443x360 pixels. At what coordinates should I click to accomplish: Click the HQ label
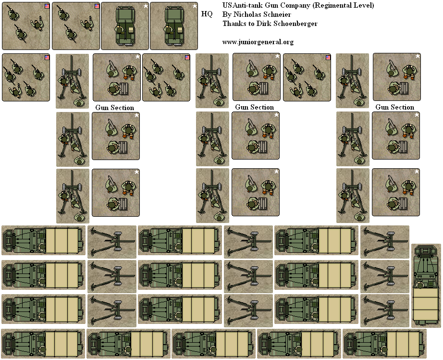pos(207,14)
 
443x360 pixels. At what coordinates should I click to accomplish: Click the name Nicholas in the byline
pos(246,14)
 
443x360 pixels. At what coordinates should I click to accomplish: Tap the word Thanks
pos(234,24)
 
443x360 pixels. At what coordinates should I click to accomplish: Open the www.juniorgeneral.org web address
pos(258,42)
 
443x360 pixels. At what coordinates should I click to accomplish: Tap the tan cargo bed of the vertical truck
pos(426,308)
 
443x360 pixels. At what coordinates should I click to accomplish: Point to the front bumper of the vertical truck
pos(426,247)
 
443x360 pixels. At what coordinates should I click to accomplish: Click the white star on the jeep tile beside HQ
pos(194,6)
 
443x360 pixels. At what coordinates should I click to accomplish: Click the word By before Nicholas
pos(227,14)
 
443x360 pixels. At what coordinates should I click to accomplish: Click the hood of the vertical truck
pos(426,262)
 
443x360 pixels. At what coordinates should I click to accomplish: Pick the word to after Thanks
pos(252,24)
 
